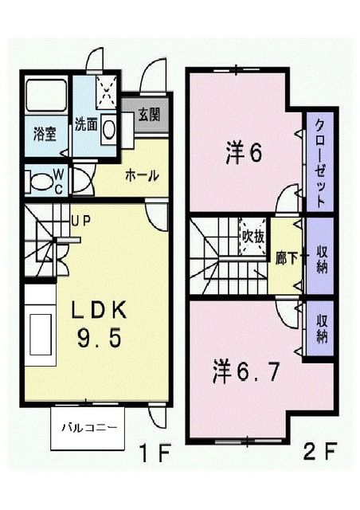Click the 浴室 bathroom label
pyautogui.click(x=45, y=132)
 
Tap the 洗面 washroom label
pyautogui.click(x=87, y=124)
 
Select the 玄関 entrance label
pyautogui.click(x=148, y=114)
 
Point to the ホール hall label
pyautogui.click(x=142, y=175)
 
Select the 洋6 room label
pyautogui.click(x=243, y=153)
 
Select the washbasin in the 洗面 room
pyautogui.click(x=108, y=128)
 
